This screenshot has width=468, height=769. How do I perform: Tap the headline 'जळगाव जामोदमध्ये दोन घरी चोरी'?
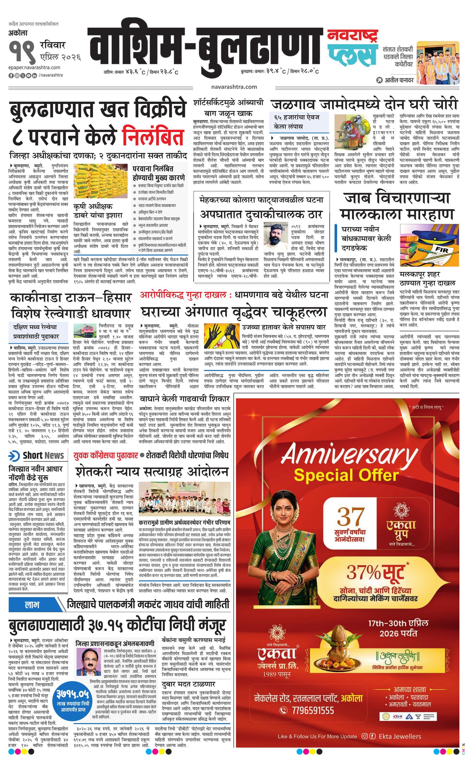tap(364, 104)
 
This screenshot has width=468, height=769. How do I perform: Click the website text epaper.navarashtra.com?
tap(34, 67)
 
